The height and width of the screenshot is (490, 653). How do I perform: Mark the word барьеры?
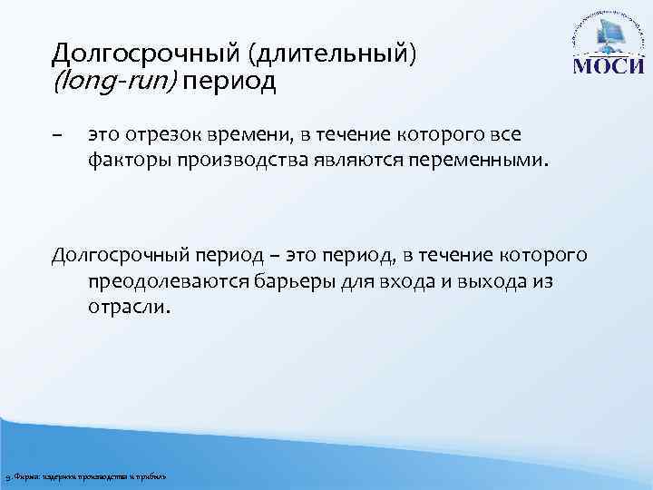[297, 282]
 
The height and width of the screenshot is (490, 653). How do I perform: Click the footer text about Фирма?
[86, 477]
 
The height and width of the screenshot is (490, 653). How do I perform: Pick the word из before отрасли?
[541, 282]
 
